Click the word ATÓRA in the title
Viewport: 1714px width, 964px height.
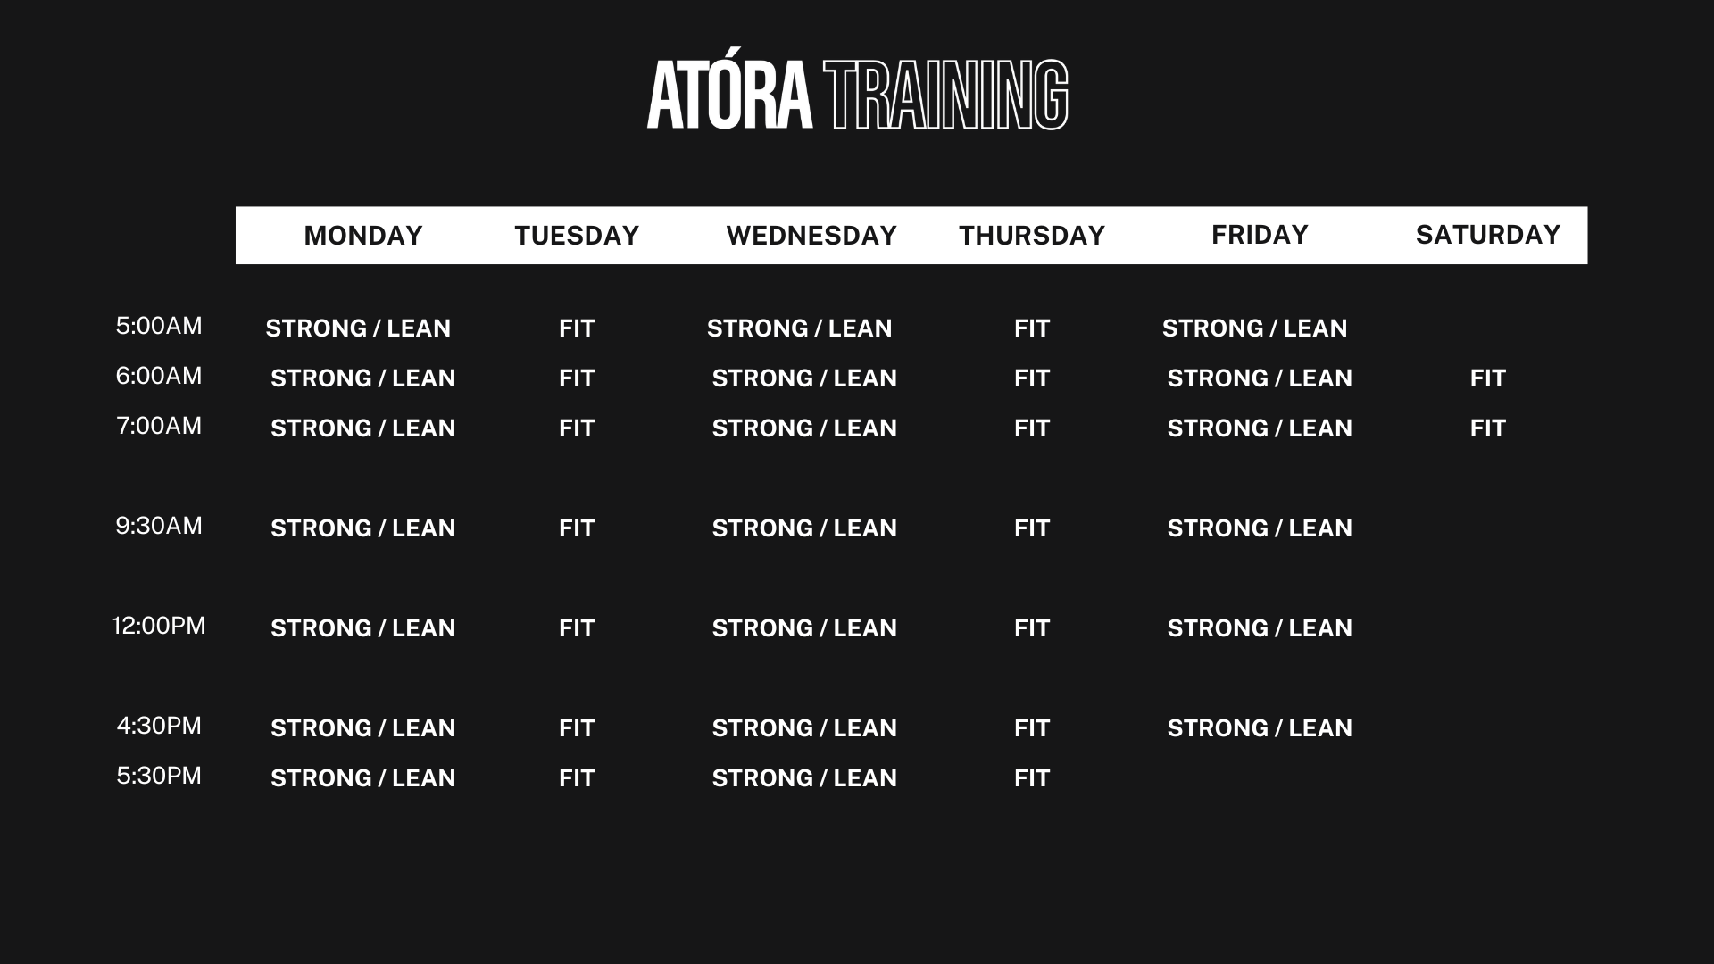729,96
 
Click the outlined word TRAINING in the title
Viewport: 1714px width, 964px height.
946,96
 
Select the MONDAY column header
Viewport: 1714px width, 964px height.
363,236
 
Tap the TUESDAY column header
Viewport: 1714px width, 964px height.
577,236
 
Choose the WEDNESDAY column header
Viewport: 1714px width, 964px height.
811,236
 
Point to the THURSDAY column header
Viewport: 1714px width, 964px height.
1032,236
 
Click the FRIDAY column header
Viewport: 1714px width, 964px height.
1260,235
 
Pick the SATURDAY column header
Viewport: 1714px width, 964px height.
1488,235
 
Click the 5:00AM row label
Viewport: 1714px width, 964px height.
159,326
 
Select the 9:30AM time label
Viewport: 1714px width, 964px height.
159,526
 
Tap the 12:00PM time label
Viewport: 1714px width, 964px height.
159,626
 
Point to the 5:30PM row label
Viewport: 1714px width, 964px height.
159,776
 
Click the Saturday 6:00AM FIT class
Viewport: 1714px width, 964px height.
1488,378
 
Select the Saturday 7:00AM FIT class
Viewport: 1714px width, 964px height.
1488,428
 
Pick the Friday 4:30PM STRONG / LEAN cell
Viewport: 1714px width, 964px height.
1260,728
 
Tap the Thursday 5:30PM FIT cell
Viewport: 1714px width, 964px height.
1032,778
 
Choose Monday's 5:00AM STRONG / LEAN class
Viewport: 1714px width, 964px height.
358,328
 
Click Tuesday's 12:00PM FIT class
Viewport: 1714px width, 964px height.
577,628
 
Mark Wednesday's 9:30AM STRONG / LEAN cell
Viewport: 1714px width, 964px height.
804,528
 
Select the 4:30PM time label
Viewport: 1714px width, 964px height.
159,726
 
